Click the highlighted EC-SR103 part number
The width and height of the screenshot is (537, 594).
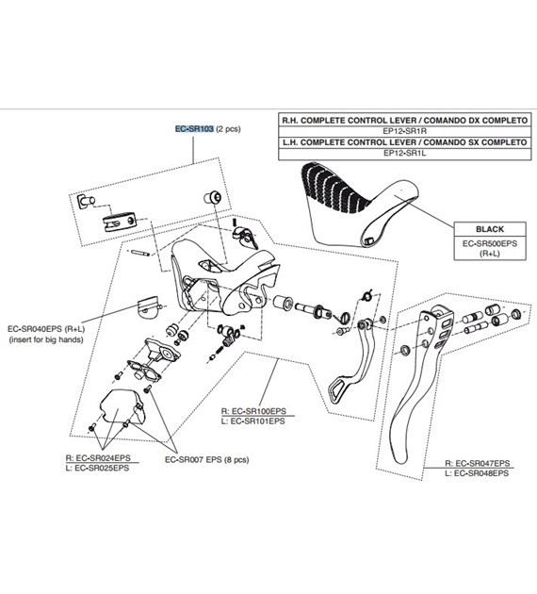(x=194, y=129)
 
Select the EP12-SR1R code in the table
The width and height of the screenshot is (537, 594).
(x=404, y=131)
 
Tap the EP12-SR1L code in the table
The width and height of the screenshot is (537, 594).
(x=404, y=153)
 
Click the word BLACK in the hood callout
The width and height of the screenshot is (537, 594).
(x=490, y=229)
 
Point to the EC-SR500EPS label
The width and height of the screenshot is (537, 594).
(x=490, y=243)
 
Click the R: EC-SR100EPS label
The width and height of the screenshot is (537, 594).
(x=253, y=411)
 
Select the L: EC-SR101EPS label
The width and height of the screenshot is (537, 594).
(x=252, y=421)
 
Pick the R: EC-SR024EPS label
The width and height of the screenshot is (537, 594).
(x=98, y=457)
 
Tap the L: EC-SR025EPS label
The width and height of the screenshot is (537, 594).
(x=97, y=468)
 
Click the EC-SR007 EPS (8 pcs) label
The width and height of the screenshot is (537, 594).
(x=207, y=460)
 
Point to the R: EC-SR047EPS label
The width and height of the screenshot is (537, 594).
(x=478, y=463)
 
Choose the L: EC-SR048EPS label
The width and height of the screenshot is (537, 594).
(x=477, y=473)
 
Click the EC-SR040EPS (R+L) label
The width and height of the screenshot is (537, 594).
(x=46, y=329)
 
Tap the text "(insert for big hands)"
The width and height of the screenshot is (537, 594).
(x=46, y=339)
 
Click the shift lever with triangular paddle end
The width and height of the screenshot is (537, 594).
(x=360, y=364)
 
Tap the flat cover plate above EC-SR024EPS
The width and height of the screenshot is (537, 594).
(x=121, y=406)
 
